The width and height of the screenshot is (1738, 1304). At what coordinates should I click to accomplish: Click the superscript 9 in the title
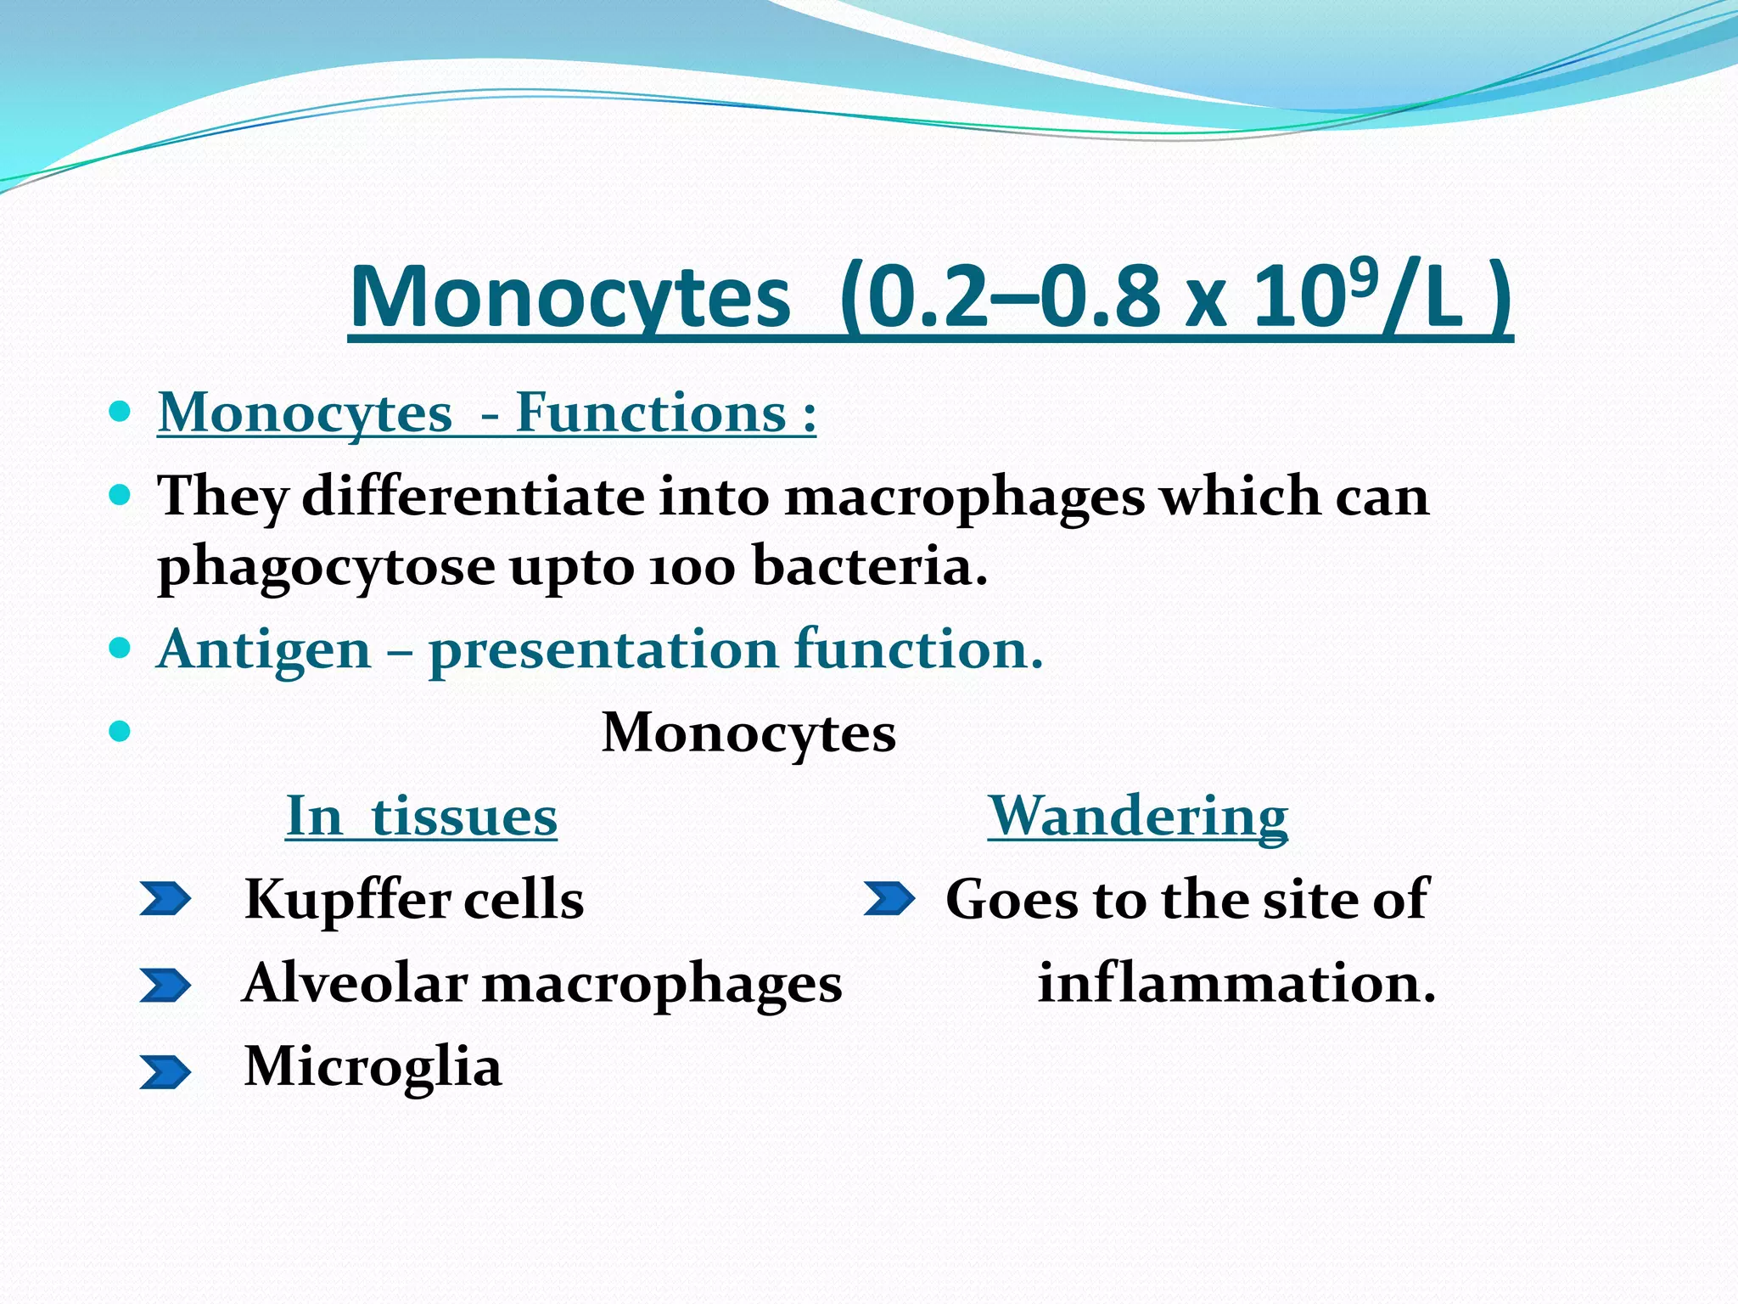pyautogui.click(x=1357, y=273)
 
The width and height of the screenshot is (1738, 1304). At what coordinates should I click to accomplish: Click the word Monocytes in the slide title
pyautogui.click(x=569, y=298)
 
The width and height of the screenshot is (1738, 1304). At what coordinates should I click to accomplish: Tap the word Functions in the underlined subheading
pyautogui.click(x=651, y=413)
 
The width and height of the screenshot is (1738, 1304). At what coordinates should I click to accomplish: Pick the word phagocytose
pyautogui.click(x=327, y=567)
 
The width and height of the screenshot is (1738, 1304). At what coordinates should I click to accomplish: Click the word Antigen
pyautogui.click(x=265, y=649)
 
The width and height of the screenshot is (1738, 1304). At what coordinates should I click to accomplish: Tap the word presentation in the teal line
pyautogui.click(x=603, y=650)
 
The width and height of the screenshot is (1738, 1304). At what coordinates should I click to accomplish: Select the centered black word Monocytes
pyautogui.click(x=748, y=733)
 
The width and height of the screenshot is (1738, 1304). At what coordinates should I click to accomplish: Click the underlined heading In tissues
pyautogui.click(x=422, y=816)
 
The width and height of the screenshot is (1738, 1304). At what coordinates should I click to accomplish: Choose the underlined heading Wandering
pyautogui.click(x=1137, y=816)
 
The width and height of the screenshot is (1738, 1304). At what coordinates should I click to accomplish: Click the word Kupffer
pyautogui.click(x=345, y=899)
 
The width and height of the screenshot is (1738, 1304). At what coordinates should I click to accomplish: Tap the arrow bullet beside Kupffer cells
pyautogui.click(x=165, y=900)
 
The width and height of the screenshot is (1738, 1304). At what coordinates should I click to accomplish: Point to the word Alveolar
pyautogui.click(x=355, y=983)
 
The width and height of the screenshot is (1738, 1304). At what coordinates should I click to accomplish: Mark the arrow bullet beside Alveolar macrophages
pyautogui.click(x=165, y=986)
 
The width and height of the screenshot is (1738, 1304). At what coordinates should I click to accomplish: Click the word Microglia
pyautogui.click(x=373, y=1066)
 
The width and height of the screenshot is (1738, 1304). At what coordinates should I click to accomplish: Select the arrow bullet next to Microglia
pyautogui.click(x=165, y=1072)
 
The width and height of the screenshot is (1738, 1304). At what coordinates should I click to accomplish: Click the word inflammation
pyautogui.click(x=1236, y=983)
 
